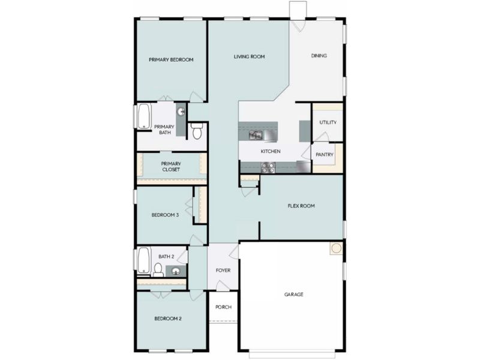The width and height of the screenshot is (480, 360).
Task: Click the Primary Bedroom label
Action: (x=171, y=60)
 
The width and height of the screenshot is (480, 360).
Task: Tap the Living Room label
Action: (x=249, y=57)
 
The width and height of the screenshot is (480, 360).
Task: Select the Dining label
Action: (x=319, y=56)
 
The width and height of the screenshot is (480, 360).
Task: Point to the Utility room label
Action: (x=328, y=122)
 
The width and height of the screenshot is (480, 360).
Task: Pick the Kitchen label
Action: (x=271, y=151)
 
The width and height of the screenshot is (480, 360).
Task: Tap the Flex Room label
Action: (x=301, y=206)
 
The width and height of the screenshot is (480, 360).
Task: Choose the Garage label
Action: (x=293, y=295)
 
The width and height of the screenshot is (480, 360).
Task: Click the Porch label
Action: (x=223, y=307)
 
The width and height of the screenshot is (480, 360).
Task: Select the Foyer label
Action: (x=223, y=271)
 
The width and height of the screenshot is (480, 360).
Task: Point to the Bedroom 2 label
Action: (x=168, y=319)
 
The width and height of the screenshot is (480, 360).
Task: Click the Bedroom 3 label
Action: (x=165, y=215)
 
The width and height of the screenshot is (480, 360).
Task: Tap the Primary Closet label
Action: (x=170, y=166)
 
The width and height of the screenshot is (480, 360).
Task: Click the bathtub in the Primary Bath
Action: (x=144, y=116)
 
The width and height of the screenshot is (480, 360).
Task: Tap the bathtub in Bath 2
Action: (x=144, y=260)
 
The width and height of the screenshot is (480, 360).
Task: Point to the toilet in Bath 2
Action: (x=158, y=269)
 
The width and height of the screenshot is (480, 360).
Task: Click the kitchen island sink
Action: (x=256, y=136)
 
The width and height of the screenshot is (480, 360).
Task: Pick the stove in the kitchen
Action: (x=268, y=169)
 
